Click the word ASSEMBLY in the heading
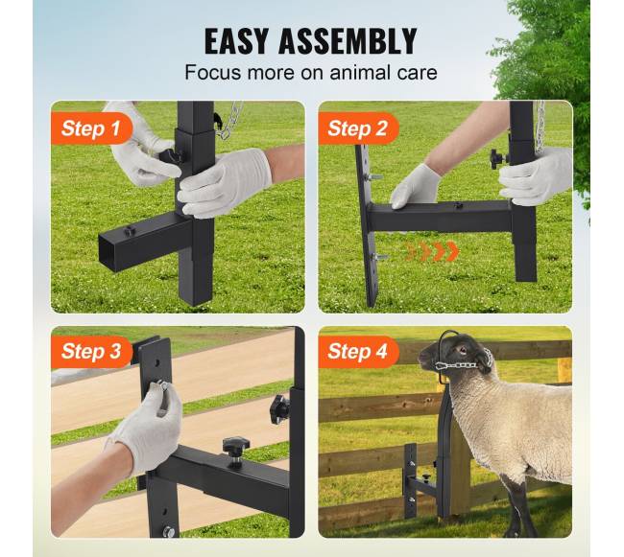click(348, 41)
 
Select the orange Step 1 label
click(91, 128)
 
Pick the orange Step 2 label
click(358, 128)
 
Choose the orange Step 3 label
click(91, 352)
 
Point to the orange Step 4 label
click(358, 352)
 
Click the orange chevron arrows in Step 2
click(432, 251)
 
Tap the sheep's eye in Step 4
click(462, 350)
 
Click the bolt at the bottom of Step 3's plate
click(169, 531)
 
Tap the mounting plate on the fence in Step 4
click(410, 480)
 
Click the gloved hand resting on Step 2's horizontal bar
click(416, 187)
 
